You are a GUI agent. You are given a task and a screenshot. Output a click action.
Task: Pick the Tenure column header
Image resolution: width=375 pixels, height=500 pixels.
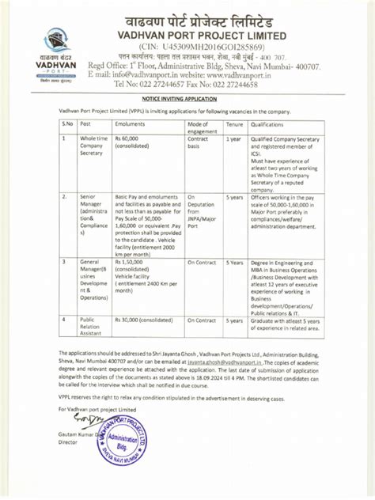point(234,125)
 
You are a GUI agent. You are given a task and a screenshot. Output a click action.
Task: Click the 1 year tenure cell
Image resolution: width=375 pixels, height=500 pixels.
point(233,138)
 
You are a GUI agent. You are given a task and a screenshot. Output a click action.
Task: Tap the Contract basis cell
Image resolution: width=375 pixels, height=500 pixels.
point(199,142)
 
